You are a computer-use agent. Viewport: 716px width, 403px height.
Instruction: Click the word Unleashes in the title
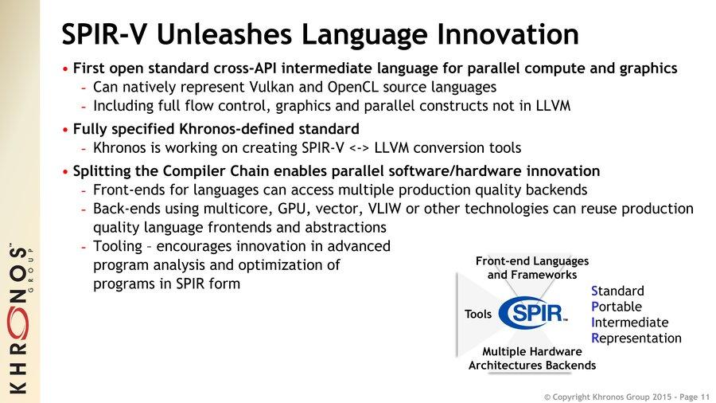coord(224,34)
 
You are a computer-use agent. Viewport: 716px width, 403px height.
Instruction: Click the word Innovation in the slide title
coord(508,34)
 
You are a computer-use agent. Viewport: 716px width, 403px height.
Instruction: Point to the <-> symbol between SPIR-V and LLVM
coord(359,148)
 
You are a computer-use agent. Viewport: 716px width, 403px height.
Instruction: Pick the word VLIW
coord(384,209)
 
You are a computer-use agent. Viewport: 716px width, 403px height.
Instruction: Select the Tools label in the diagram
coord(478,314)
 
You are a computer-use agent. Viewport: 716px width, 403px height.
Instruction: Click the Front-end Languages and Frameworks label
coord(532,268)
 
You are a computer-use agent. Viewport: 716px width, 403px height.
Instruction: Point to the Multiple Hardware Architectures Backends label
coord(532,358)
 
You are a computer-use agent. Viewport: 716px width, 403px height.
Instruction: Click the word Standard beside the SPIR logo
coord(617,291)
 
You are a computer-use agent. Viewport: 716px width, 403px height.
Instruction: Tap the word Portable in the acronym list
coord(617,307)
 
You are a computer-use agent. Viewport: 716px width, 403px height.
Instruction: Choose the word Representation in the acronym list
coord(636,338)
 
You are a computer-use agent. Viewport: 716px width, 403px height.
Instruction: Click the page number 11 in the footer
coord(705,397)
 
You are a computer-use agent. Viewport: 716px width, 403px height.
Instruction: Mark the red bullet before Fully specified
coord(65,130)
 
